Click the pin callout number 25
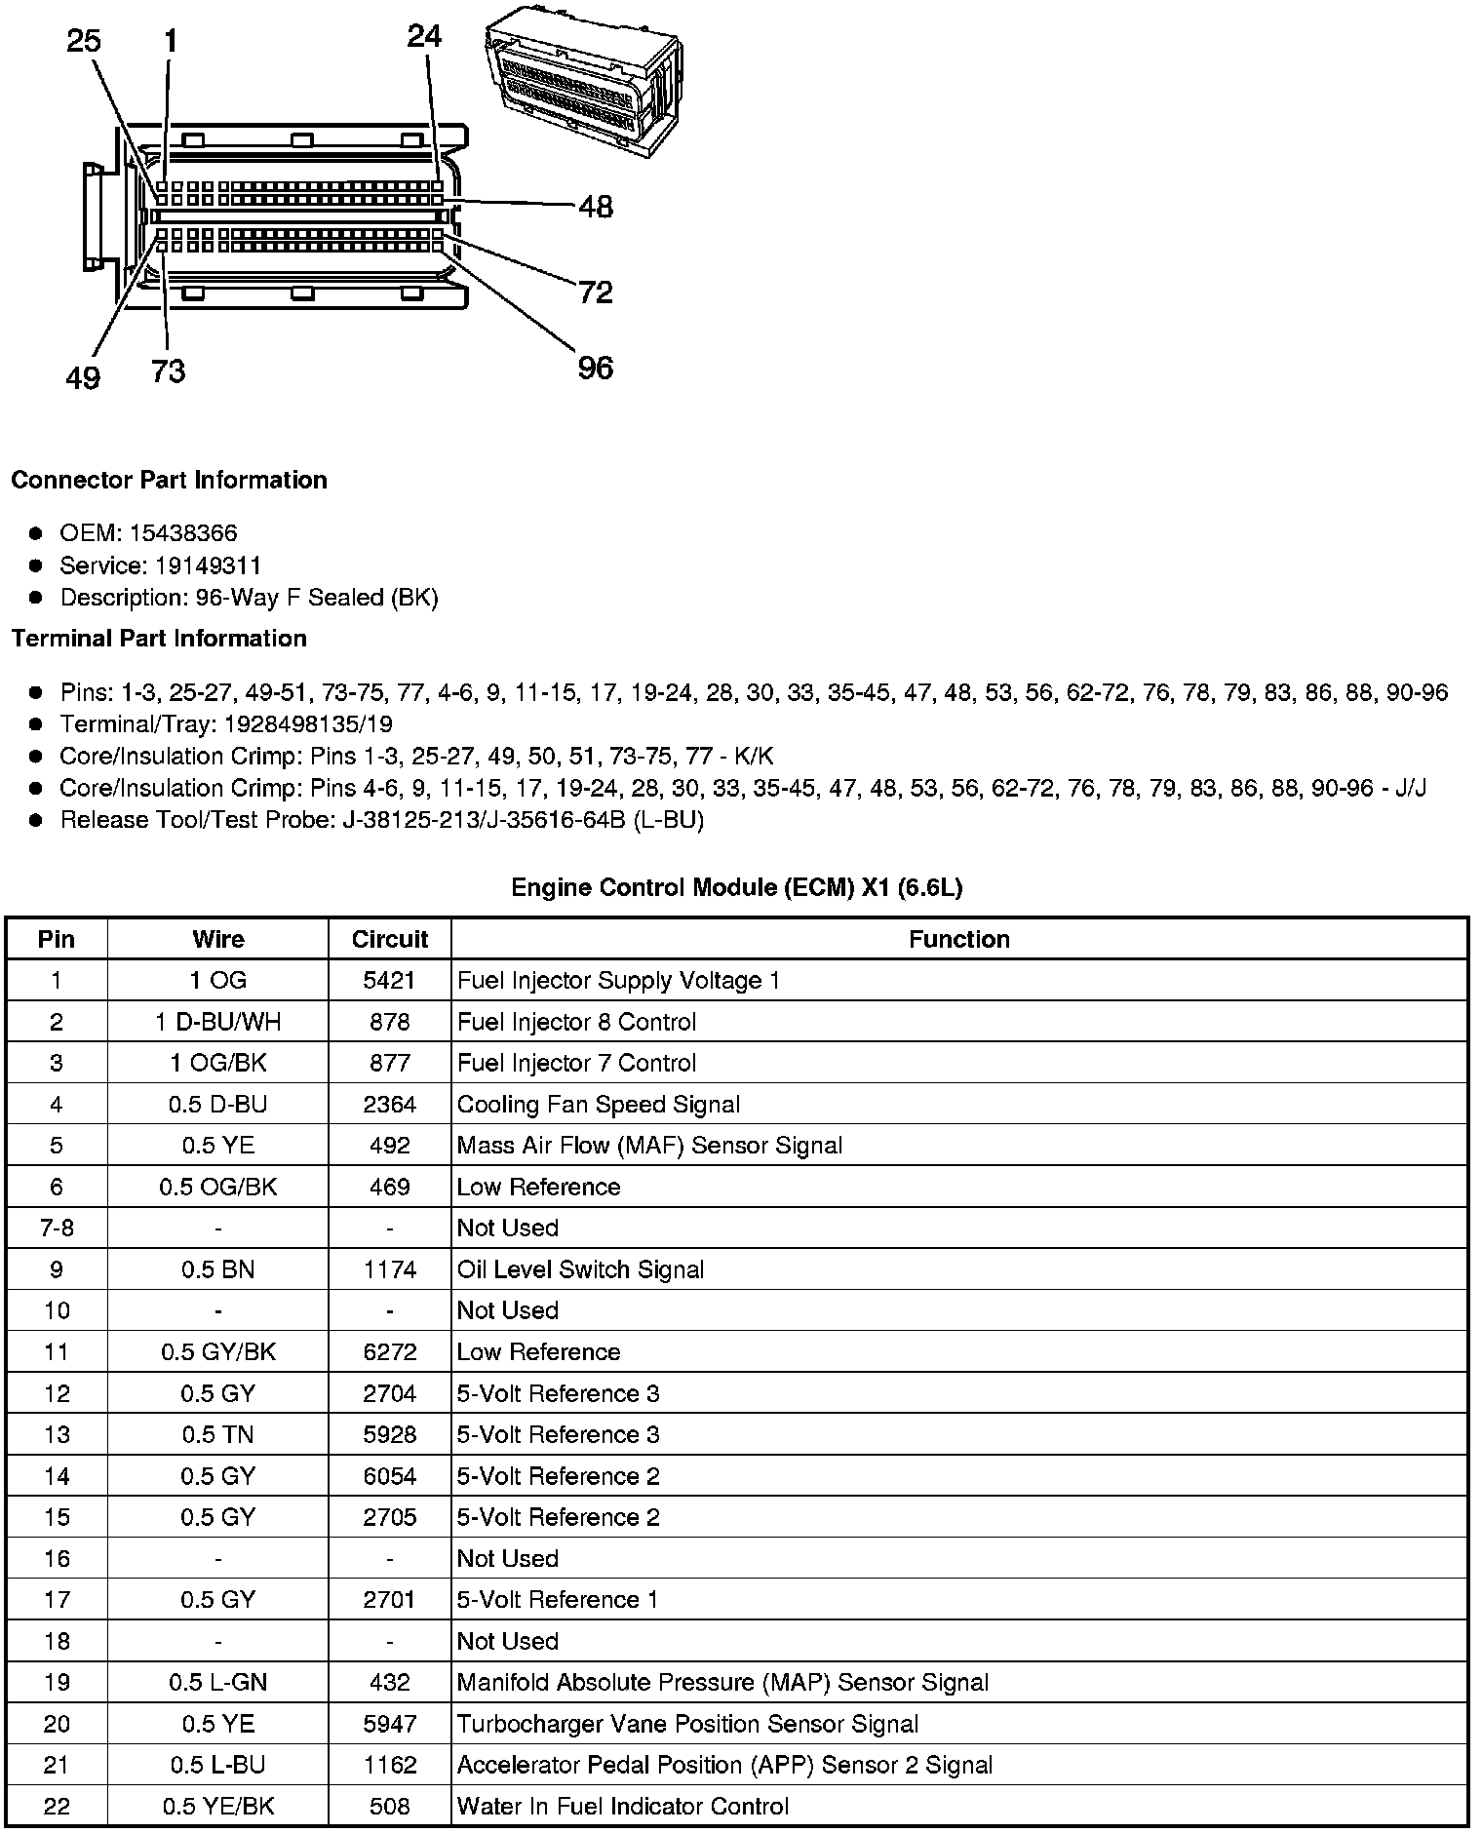tap(84, 41)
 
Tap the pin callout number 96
tap(595, 368)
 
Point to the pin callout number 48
tap(595, 207)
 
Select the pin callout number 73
tap(168, 371)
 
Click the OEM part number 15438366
tap(183, 533)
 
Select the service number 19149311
tap(209, 565)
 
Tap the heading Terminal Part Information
tap(159, 639)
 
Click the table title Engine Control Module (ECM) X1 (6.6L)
tap(737, 887)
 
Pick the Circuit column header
tap(390, 939)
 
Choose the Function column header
tap(959, 939)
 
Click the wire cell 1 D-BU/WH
tap(217, 1022)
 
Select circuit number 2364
tap(390, 1105)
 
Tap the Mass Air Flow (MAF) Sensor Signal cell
tap(649, 1146)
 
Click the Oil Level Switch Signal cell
tap(580, 1269)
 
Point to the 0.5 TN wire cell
tap(217, 1435)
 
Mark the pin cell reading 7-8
tap(57, 1228)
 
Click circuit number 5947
tap(390, 1724)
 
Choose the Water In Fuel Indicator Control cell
tap(622, 1807)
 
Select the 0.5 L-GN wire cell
tap(217, 1683)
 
